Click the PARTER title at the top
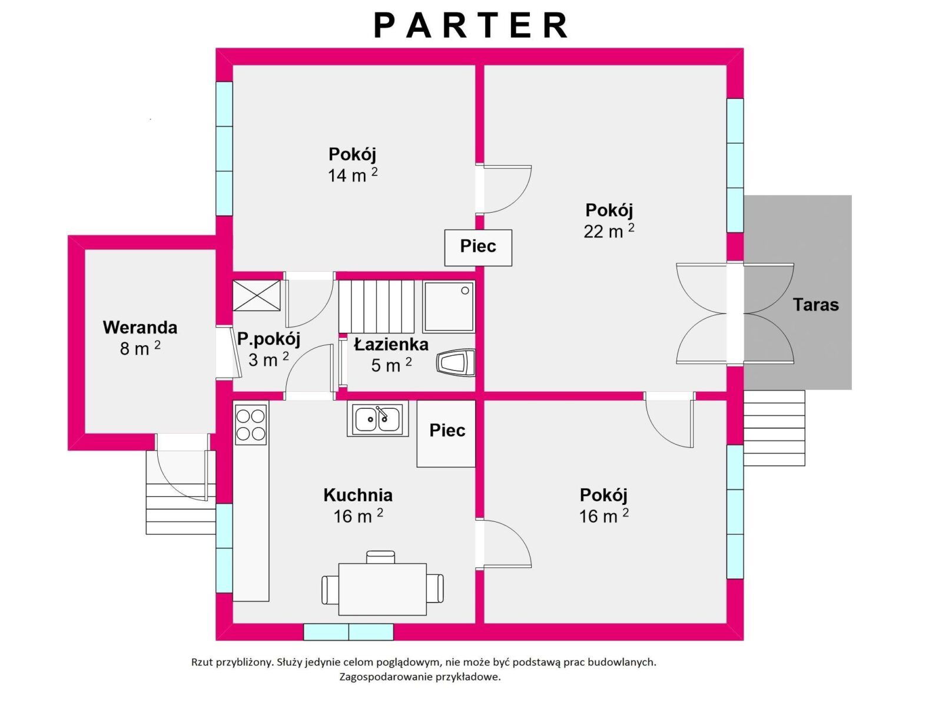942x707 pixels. [x=471, y=25]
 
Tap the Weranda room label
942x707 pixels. [x=140, y=328]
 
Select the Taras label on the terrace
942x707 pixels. [x=816, y=305]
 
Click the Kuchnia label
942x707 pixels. [x=358, y=495]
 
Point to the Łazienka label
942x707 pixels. [x=391, y=344]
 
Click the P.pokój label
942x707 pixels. [x=268, y=339]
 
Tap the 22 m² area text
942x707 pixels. [x=609, y=231]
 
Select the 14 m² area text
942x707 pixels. [x=353, y=175]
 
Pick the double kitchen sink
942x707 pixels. [x=377, y=419]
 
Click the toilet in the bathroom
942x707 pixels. [x=456, y=363]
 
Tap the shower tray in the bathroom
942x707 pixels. [x=449, y=306]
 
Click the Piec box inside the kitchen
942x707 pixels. [x=446, y=434]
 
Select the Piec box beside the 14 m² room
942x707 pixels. [x=478, y=247]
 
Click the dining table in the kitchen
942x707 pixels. [x=382, y=589]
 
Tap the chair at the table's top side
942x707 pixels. [x=380, y=557]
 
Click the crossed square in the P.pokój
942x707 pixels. [x=257, y=295]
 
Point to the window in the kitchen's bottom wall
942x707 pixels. [x=349, y=632]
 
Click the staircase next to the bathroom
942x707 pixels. [x=376, y=306]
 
